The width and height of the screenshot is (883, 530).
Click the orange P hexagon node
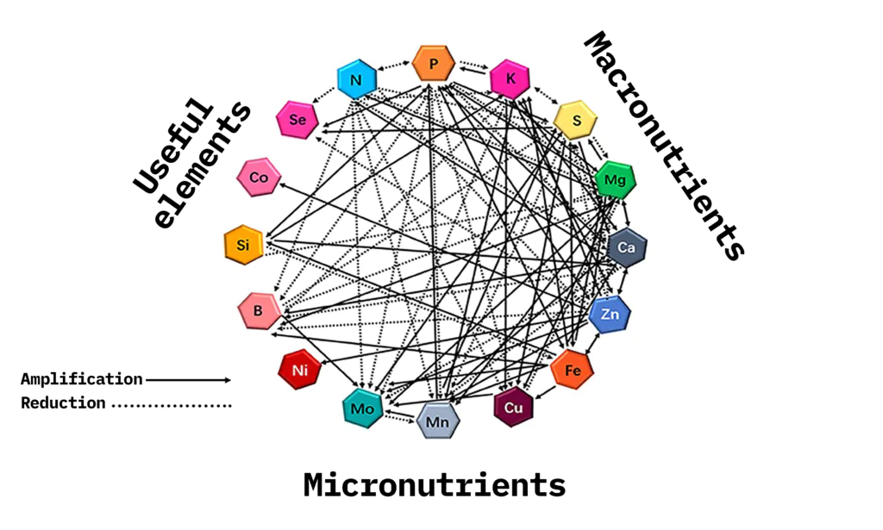[433, 63]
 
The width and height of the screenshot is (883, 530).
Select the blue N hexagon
[355, 80]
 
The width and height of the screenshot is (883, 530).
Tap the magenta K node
[510, 79]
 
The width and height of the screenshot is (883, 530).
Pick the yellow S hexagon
[575, 120]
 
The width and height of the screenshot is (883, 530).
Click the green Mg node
[616, 180]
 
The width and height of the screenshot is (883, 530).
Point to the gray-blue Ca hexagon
[627, 248]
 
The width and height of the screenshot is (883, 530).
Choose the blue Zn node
[611, 315]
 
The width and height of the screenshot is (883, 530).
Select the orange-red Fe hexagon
[573, 371]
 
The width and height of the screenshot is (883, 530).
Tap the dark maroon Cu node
[514, 407]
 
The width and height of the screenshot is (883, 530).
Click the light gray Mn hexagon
[438, 421]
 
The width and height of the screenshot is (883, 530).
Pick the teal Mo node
[363, 408]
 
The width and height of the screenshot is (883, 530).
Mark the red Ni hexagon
[299, 371]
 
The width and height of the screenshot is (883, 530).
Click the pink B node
[259, 310]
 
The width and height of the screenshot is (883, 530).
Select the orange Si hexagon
[243, 246]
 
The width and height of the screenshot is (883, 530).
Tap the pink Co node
[259, 178]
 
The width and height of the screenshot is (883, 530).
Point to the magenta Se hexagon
[297, 120]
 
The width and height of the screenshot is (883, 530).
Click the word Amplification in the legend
[82, 379]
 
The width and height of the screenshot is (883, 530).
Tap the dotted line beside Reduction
[172, 403]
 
